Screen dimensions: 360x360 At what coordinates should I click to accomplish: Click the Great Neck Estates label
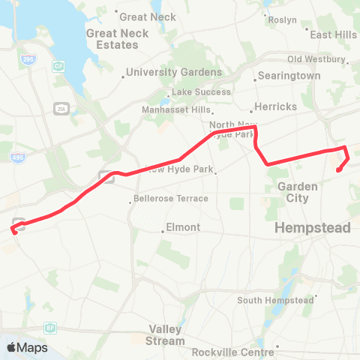point(112,39)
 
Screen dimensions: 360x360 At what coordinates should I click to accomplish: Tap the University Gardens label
point(174,73)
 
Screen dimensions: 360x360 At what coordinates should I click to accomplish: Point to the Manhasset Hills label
point(177,109)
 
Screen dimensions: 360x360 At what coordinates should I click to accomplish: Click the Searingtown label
point(289,76)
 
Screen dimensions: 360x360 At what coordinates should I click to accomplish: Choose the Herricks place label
point(276,106)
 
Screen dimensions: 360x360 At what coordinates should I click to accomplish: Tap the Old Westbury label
point(314,59)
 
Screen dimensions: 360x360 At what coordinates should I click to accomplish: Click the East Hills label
point(334,34)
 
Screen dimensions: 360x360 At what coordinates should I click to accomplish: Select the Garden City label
point(293,193)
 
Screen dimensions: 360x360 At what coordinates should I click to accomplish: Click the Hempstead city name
point(313,227)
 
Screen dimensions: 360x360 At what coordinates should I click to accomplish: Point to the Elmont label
point(183,227)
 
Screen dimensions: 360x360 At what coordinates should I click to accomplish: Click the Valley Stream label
point(166,335)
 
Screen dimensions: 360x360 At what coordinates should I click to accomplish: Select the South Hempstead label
point(275,301)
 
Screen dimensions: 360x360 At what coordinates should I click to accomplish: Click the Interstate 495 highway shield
point(18,157)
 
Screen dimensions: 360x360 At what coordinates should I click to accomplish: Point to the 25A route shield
point(61,109)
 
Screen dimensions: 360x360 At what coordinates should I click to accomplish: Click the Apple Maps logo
point(27,348)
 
